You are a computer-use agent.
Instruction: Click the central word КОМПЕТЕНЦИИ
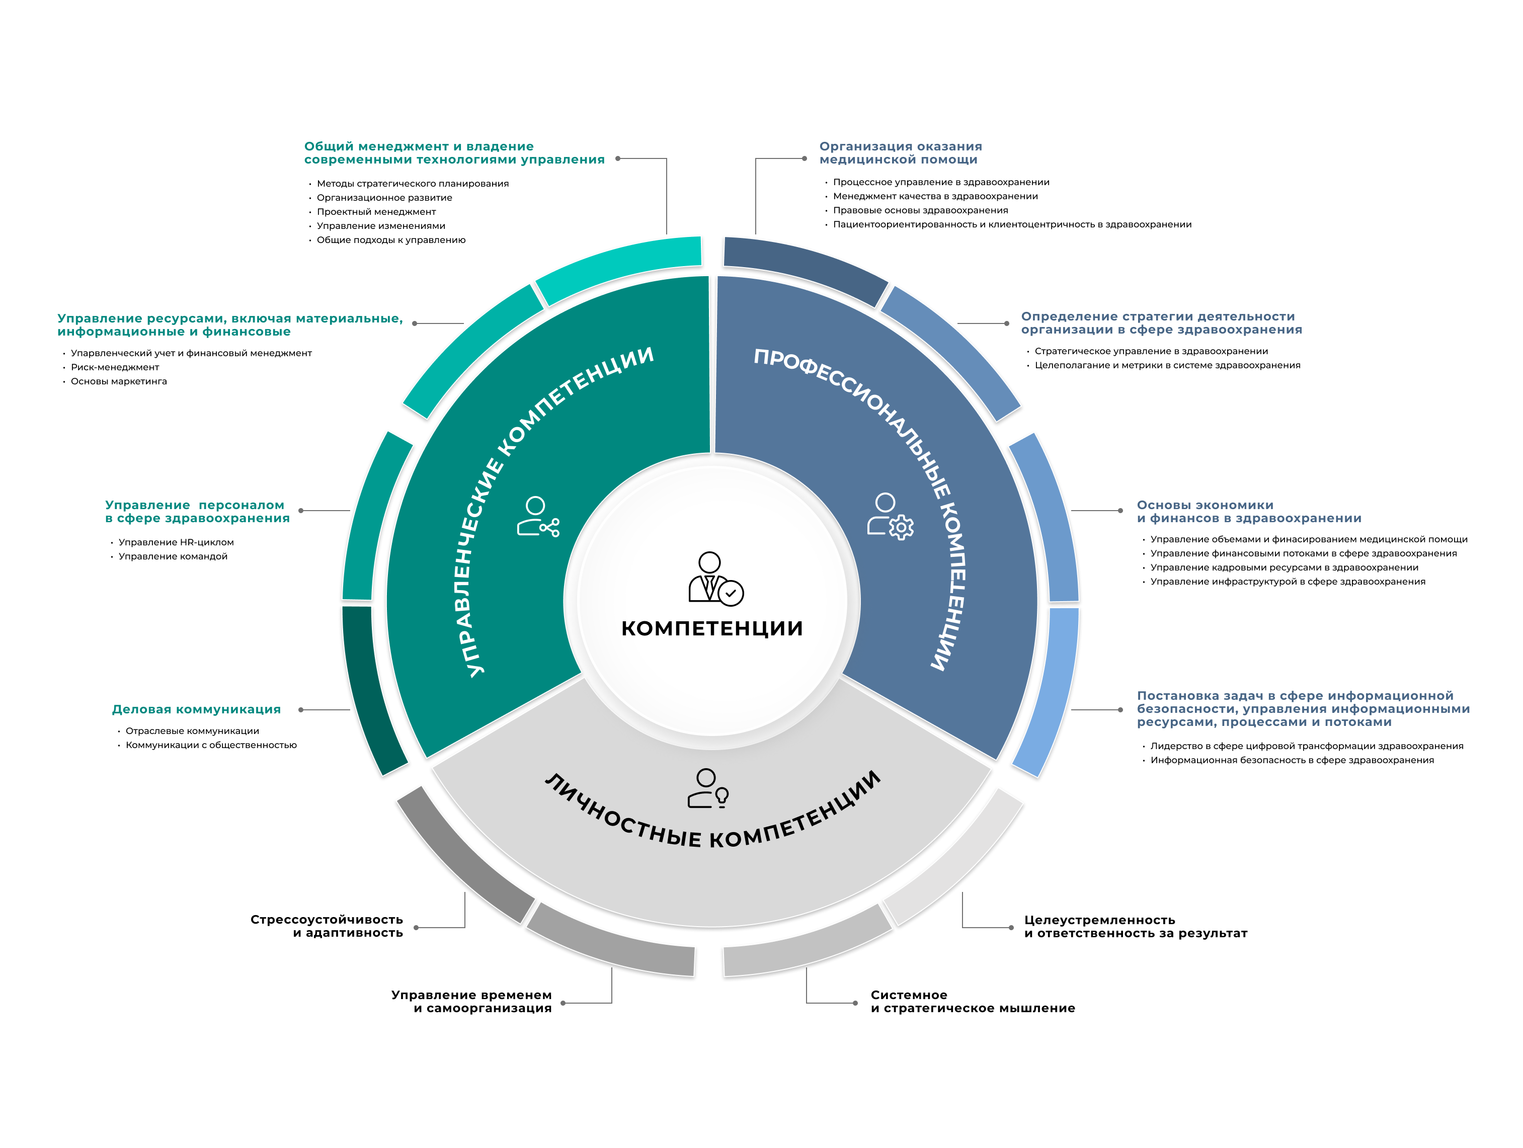pos(711,628)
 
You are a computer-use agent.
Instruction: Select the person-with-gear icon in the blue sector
pos(890,516)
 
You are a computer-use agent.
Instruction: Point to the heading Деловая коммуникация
pos(196,710)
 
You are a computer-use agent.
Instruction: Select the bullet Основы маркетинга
pos(118,381)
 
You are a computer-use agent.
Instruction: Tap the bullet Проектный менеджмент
pos(376,212)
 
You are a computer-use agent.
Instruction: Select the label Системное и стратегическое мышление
pos(972,1002)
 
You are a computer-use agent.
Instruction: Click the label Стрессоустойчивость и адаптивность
pos(327,926)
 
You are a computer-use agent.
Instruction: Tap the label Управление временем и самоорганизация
pos(471,1002)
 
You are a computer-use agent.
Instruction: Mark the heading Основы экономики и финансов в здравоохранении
pos(1248,512)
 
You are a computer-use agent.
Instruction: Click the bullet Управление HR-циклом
pos(176,542)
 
